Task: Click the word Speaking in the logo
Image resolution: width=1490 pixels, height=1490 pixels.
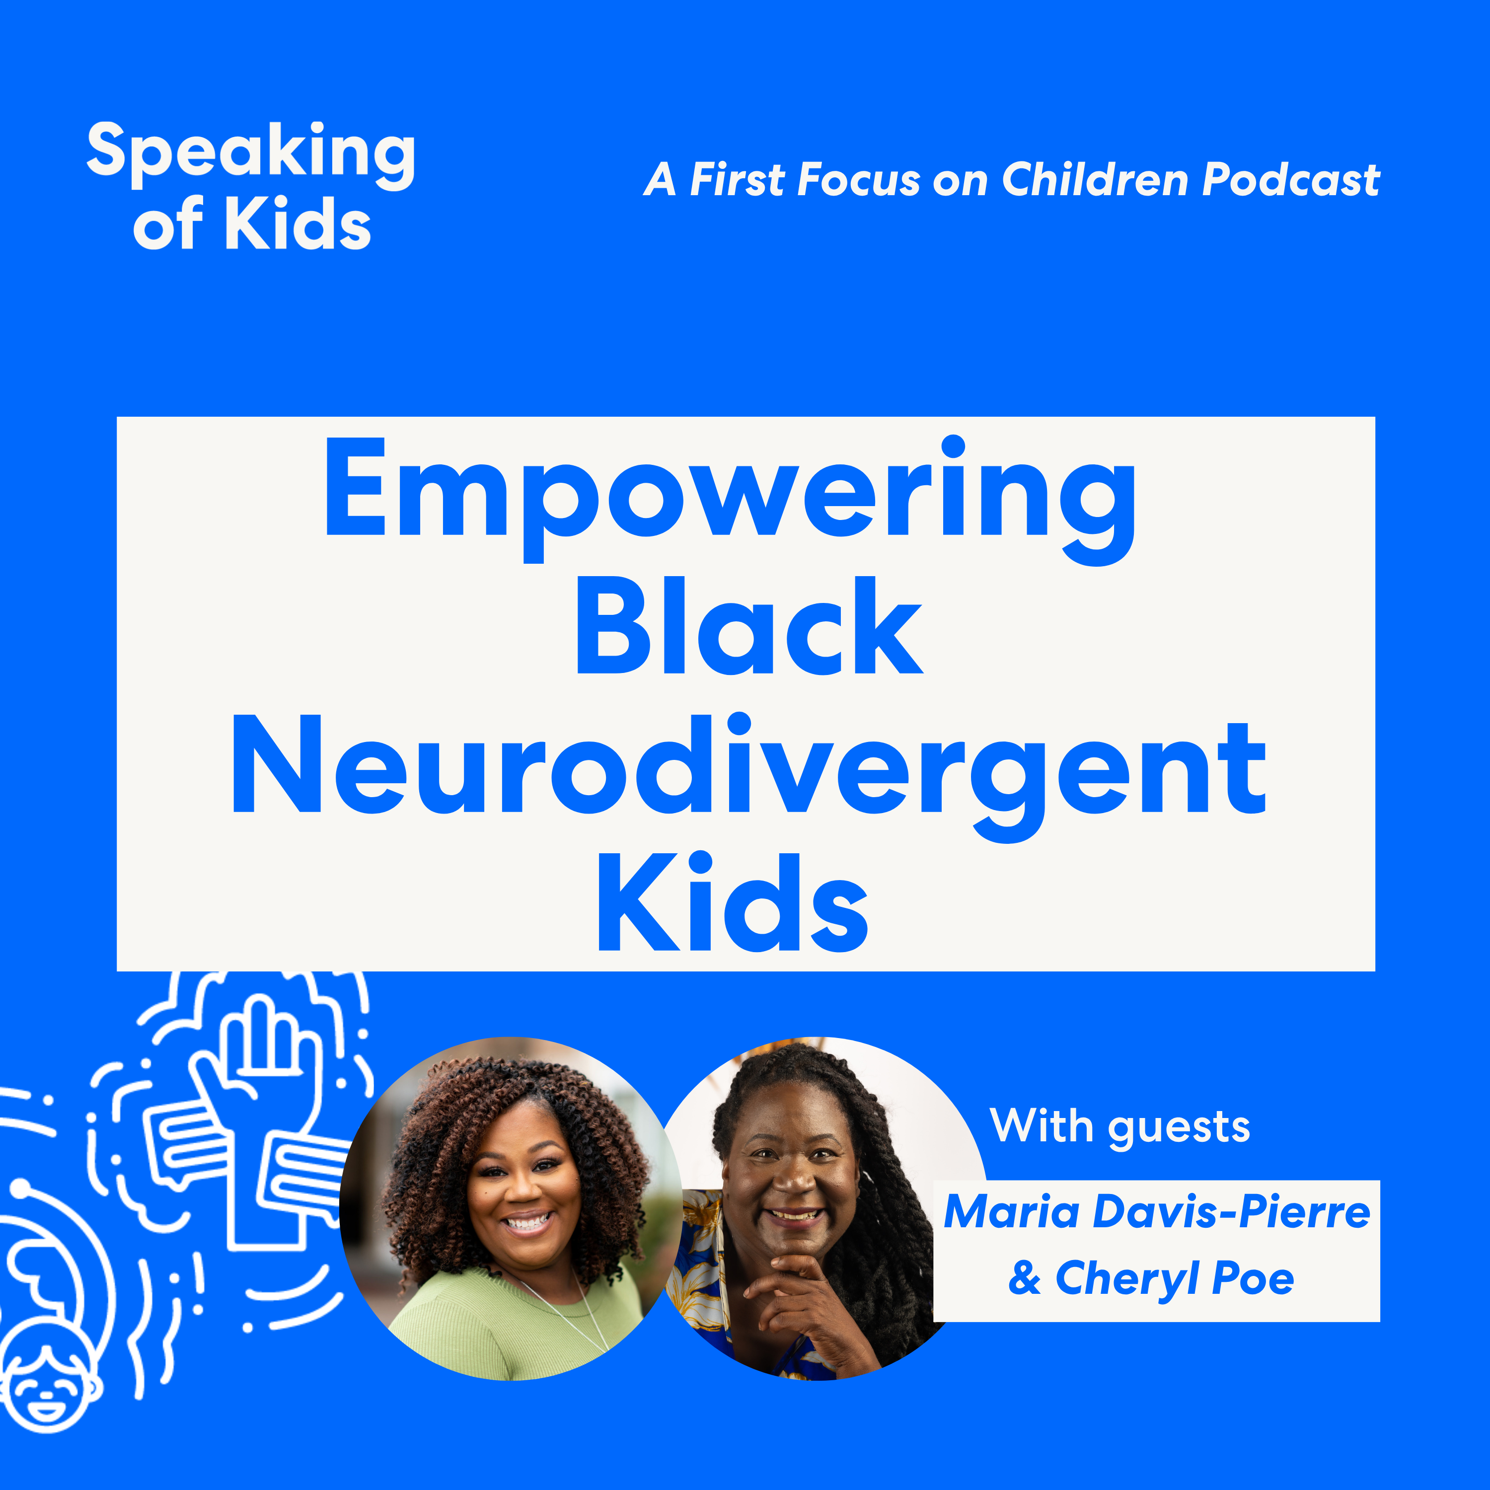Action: pyautogui.click(x=251, y=155)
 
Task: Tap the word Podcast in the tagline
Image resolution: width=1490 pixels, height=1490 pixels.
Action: pyautogui.click(x=1291, y=180)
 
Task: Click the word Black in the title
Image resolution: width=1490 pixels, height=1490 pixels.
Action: pyautogui.click(x=749, y=625)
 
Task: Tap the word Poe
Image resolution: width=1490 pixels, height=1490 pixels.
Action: pyautogui.click(x=1253, y=1279)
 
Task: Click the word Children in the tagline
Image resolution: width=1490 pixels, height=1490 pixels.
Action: pyautogui.click(x=1095, y=180)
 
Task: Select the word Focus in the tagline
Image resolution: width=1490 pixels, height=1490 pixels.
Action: pyautogui.click(x=859, y=180)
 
